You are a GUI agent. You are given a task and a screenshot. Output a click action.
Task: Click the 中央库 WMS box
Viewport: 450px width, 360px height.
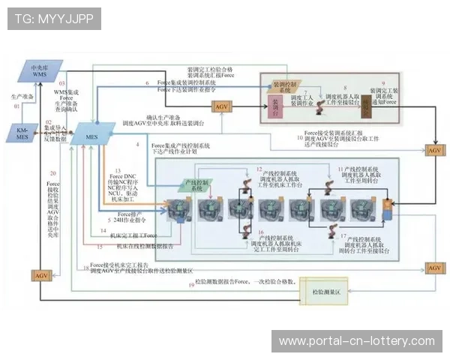pyautogui.click(x=39, y=70)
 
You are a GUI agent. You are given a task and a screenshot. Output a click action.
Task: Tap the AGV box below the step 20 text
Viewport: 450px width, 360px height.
pyautogui.click(x=40, y=276)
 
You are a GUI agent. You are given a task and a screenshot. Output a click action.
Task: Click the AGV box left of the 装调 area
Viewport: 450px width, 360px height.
pyautogui.click(x=222, y=108)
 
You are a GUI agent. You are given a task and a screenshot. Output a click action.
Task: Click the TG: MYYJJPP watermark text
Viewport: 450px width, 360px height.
pyautogui.click(x=53, y=17)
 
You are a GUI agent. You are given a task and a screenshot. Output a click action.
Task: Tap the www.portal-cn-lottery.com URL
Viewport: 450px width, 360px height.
pyautogui.click(x=356, y=341)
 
